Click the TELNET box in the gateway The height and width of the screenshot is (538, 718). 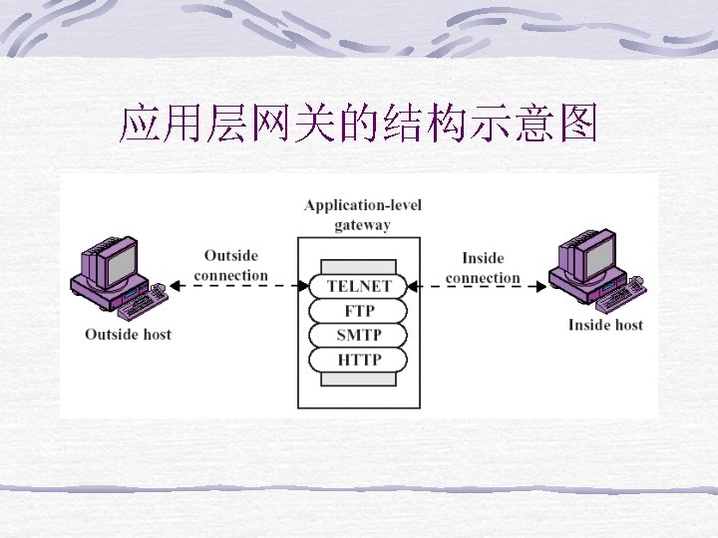tap(359, 286)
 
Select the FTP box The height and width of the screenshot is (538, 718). tap(359, 311)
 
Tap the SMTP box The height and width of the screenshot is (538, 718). tap(359, 335)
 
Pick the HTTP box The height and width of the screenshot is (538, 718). tap(359, 359)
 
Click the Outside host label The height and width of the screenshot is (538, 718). tap(128, 335)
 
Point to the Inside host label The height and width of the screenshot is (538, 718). tap(605, 325)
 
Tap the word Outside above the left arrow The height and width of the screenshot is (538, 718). tap(230, 256)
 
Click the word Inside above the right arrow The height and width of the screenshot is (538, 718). tap(483, 258)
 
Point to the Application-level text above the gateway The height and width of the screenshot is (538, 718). tap(362, 205)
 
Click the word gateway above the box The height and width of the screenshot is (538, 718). tap(362, 224)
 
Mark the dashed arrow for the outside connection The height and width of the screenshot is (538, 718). tap(238, 286)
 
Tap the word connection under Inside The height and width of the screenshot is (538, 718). tap(483, 277)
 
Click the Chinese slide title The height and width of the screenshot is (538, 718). tap(358, 126)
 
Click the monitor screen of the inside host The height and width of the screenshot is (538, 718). tap(599, 256)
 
